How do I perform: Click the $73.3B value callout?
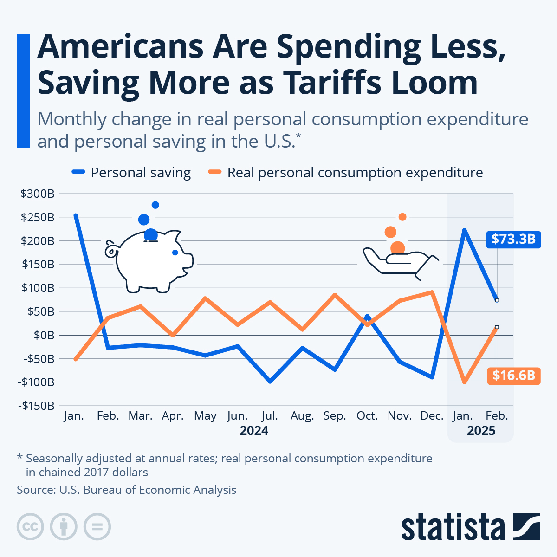[x=513, y=239]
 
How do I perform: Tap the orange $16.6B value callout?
[x=513, y=375]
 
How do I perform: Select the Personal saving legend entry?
[x=132, y=173]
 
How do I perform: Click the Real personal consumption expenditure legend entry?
[x=346, y=173]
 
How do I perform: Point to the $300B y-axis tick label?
[x=38, y=194]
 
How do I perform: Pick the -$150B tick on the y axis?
[x=37, y=406]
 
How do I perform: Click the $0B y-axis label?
[x=44, y=335]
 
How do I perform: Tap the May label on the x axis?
[x=205, y=416]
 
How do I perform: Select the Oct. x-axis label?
[x=367, y=416]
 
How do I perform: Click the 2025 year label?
[x=481, y=431]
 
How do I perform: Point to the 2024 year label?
[x=254, y=431]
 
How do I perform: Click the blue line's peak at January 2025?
[x=464, y=230]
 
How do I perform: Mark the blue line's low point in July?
[x=270, y=382]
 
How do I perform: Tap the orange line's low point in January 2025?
[x=464, y=382]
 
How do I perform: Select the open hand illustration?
[x=399, y=262]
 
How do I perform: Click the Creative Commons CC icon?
[x=30, y=527]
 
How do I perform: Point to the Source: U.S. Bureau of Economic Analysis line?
[x=127, y=490]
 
